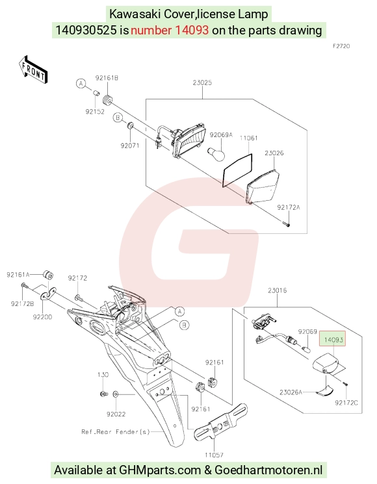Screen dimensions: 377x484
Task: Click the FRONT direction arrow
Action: [x=32, y=70]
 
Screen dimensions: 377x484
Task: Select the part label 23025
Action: [x=202, y=83]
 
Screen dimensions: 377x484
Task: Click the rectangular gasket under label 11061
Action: [x=237, y=170]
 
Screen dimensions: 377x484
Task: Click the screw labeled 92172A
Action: [x=285, y=223]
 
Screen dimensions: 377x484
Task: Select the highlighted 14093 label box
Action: [x=333, y=340]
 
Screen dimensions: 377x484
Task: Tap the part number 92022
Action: [x=116, y=414]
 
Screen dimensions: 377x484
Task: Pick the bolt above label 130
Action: [x=104, y=394]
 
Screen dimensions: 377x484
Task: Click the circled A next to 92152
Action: [x=81, y=83]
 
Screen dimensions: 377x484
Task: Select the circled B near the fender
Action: [x=185, y=325]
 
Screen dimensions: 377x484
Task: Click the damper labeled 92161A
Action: [x=48, y=275]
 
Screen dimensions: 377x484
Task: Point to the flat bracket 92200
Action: [x=49, y=294]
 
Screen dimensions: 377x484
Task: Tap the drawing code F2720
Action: [x=341, y=46]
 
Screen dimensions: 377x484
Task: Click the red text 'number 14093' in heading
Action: [x=170, y=31]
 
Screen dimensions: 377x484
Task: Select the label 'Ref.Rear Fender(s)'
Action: [x=116, y=432]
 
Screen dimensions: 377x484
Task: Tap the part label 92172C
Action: [x=346, y=403]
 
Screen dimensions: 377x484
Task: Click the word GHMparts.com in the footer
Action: [x=160, y=470]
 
